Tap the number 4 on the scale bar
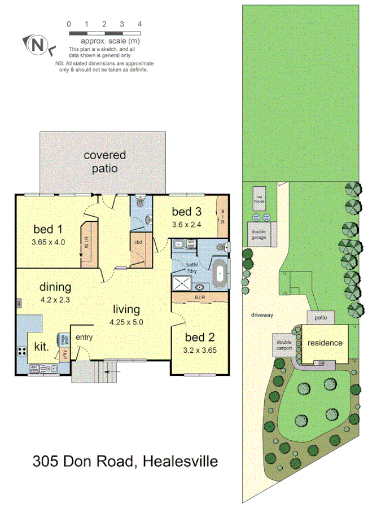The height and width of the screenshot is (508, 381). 139,24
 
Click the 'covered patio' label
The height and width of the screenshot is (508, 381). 104,161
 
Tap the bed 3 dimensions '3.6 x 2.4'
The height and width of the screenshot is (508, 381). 186,224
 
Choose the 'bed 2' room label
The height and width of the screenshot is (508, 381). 200,338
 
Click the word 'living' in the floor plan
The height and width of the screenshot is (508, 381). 126,309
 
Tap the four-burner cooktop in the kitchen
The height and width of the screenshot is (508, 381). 23,351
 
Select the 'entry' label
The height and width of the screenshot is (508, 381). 84,338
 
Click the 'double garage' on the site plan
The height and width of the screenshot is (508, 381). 260,233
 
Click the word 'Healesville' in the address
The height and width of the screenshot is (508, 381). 180,462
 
